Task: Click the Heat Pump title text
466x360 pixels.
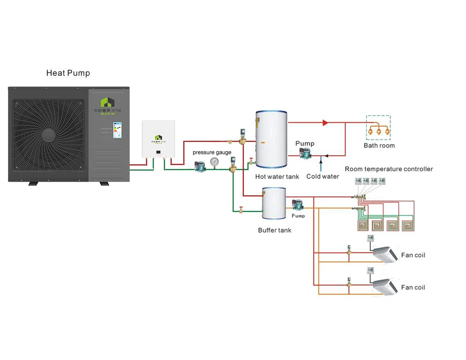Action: click(68, 73)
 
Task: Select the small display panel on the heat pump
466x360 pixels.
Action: click(116, 129)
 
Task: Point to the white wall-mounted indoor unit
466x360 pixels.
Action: click(158, 139)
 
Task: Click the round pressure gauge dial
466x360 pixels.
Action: click(215, 162)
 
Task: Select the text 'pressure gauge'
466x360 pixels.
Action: click(212, 152)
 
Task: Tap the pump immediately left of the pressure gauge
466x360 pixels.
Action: click(200, 165)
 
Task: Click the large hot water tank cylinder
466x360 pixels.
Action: click(271, 139)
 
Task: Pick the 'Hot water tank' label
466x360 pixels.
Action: click(277, 176)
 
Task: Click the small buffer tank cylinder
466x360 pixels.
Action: click(274, 203)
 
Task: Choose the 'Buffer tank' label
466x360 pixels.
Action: click(274, 230)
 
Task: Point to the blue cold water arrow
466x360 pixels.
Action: click(321, 165)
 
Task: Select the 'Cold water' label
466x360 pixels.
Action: click(322, 176)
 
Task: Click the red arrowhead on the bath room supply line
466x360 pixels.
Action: click(325, 123)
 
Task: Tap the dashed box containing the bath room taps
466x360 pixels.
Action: click(378, 128)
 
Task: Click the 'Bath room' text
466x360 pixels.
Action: click(379, 145)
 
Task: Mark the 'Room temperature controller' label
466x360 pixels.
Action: click(389, 169)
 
